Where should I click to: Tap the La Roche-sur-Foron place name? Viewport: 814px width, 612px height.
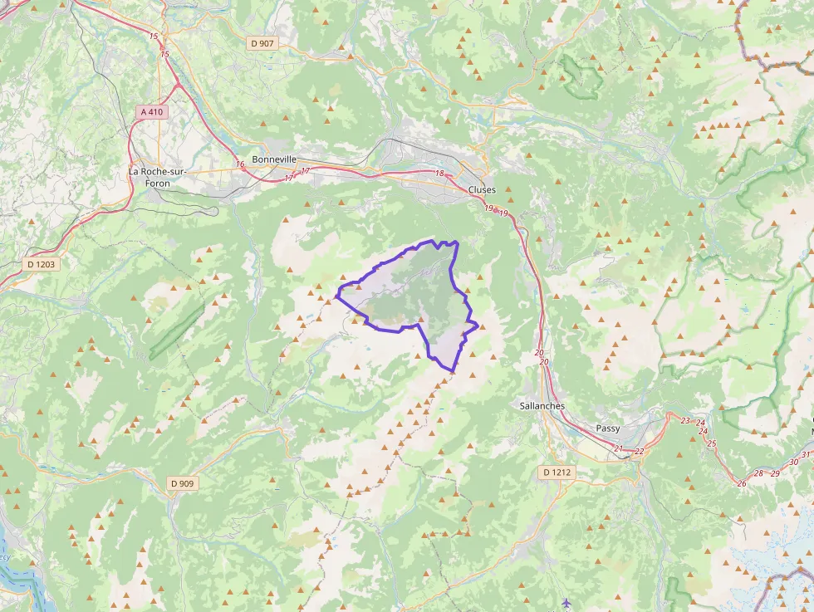tap(157, 177)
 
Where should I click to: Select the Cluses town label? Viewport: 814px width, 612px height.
tap(482, 190)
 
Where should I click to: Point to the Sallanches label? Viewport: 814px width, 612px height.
tap(542, 406)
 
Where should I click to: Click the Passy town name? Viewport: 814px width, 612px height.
tap(608, 428)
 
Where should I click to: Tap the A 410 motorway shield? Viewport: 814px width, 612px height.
tap(151, 111)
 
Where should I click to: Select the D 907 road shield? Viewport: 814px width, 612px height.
tap(262, 42)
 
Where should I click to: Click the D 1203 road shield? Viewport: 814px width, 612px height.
tap(41, 264)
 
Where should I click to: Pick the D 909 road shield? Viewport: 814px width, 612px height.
tap(182, 483)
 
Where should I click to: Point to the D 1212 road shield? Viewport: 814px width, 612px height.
tap(556, 472)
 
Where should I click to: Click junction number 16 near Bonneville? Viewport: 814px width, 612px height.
tap(240, 164)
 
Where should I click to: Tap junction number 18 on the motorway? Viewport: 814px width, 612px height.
tap(439, 173)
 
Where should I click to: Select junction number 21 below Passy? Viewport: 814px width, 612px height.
tap(619, 449)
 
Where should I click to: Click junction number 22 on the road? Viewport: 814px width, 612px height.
tap(639, 452)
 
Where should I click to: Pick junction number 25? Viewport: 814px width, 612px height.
tap(711, 443)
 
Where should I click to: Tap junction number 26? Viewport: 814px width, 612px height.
tap(741, 483)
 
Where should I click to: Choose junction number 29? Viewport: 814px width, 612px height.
tap(775, 473)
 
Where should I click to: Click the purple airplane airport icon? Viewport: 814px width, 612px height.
tap(566, 602)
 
